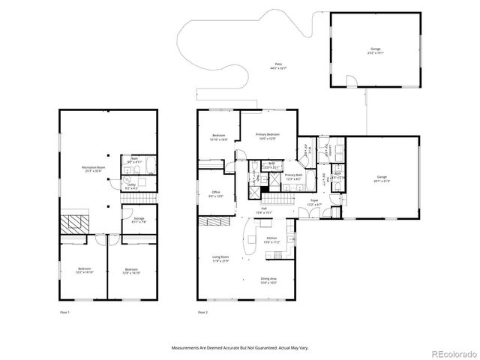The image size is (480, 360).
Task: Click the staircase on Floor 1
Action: (143, 197)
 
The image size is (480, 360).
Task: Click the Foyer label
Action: (314, 203)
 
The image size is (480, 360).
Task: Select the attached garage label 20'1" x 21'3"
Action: (381, 180)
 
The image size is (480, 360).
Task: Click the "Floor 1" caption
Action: (64, 311)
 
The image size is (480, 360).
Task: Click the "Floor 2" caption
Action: (202, 311)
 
